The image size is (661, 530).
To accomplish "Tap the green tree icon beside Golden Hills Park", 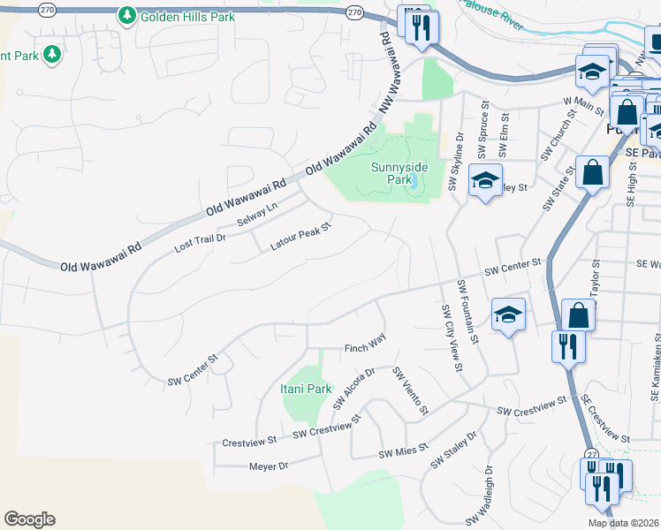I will (x=127, y=16).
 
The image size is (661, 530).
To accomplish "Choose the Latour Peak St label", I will (x=300, y=238).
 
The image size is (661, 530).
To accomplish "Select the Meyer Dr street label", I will (x=270, y=466).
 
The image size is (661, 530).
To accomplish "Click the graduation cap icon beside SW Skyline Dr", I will (x=485, y=182).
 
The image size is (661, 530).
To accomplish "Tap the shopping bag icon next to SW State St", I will (x=592, y=171).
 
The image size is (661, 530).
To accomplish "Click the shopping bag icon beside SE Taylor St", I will (x=577, y=315).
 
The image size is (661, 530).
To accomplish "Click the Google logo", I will (x=29, y=519).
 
